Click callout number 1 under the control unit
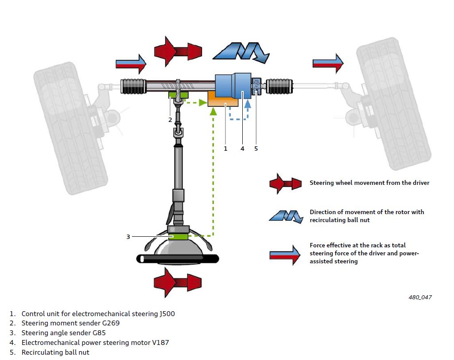tap(225, 149)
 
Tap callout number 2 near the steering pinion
tap(170, 120)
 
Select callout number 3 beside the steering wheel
tap(128, 237)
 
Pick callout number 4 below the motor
tap(242, 149)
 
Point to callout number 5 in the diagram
tap(256, 149)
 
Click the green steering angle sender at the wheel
tap(179, 237)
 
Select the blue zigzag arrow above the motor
tap(241, 51)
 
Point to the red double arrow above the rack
tap(178, 51)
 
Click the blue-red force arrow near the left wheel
tap(131, 64)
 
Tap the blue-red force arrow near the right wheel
tap(328, 63)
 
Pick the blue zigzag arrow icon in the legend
tap(285, 216)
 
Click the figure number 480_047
tap(420, 297)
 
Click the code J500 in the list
tap(167, 314)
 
